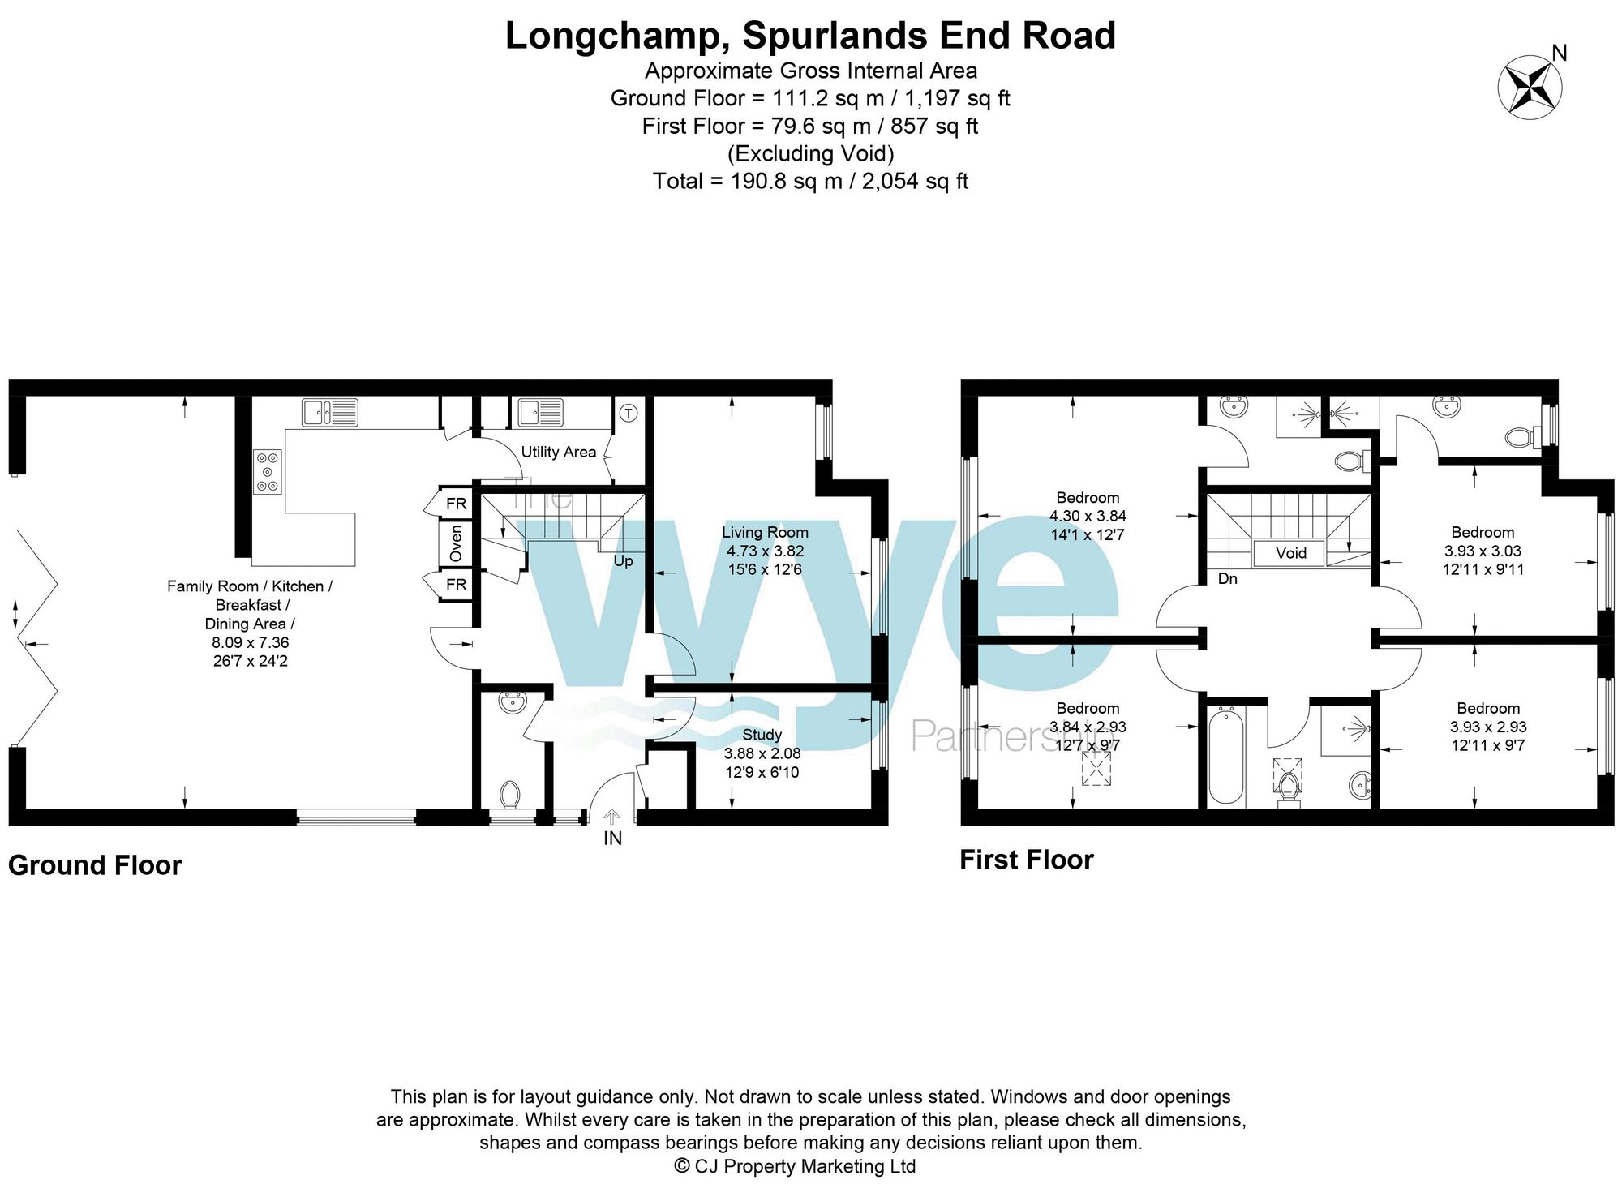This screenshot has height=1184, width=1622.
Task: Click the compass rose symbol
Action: coord(1530,88)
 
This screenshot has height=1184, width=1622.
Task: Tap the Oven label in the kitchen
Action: coord(456,543)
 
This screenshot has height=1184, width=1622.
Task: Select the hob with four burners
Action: coord(268,472)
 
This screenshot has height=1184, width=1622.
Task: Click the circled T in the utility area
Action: coord(629,413)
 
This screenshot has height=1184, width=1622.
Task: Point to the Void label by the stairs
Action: coord(1290,553)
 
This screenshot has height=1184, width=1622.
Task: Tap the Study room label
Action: coord(762,735)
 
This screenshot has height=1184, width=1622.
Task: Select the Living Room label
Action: coord(765,533)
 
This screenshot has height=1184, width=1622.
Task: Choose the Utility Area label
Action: coord(558,453)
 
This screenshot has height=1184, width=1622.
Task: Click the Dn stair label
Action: coord(1227,579)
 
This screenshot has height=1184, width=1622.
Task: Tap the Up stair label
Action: coord(623,561)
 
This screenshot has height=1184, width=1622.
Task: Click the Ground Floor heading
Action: coord(95,865)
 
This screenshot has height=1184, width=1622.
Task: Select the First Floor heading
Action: coord(1026,860)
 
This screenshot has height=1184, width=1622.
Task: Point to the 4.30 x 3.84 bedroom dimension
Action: coord(1087,517)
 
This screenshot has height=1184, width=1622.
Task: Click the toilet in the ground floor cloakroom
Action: coord(509,794)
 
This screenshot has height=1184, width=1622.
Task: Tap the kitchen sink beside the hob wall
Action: coord(329,413)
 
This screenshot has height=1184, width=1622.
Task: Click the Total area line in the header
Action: coord(810,181)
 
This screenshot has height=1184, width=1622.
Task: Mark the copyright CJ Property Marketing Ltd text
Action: coord(795,1166)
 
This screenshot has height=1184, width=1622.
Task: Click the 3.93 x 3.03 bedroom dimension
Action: coord(1483,551)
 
